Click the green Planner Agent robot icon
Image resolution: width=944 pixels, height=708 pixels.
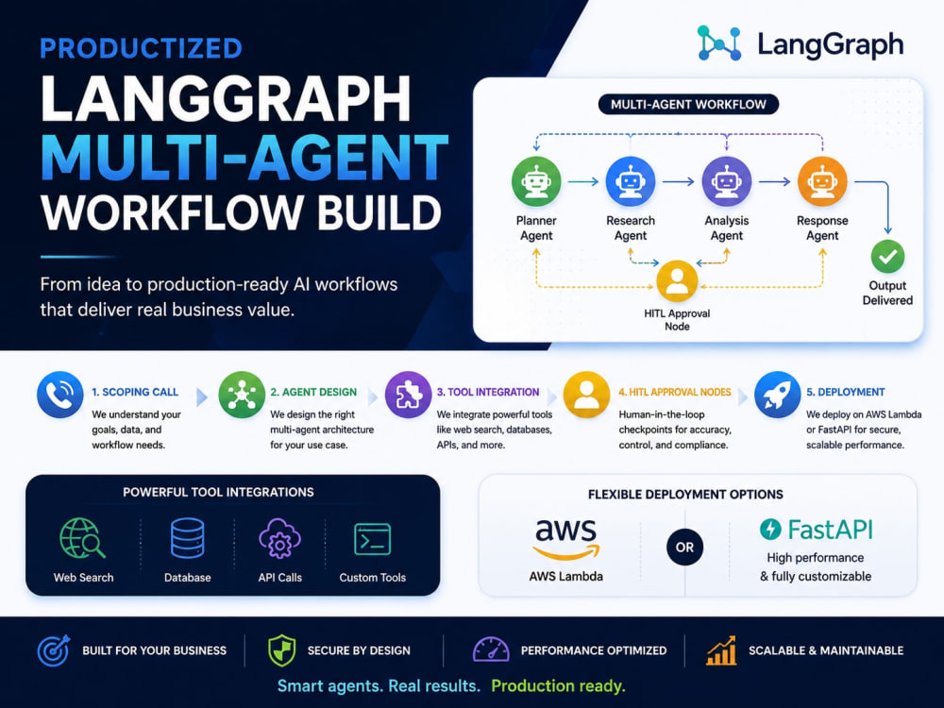[x=536, y=181]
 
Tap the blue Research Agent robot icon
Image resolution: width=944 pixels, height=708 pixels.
[x=631, y=181]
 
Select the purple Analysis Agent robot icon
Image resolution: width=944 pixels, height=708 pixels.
[x=727, y=181]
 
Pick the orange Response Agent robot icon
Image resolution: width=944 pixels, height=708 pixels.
[x=822, y=181]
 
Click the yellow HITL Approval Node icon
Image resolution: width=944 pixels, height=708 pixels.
[x=677, y=280]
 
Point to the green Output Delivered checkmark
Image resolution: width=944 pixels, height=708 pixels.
[x=887, y=257]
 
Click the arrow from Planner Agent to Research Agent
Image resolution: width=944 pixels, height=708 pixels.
[x=582, y=181]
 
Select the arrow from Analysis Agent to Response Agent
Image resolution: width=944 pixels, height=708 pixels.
[x=774, y=181]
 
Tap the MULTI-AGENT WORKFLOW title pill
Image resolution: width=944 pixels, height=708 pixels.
[x=688, y=104]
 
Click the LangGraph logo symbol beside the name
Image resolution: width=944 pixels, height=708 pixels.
[x=718, y=43]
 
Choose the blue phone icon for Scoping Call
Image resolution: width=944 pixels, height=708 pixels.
[x=60, y=395]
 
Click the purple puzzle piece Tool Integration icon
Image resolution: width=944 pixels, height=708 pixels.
[x=408, y=395]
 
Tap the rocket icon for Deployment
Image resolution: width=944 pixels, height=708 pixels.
[x=777, y=395]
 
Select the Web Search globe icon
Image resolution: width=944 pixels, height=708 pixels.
[x=82, y=538]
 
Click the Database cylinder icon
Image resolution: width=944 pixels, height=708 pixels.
[x=187, y=538]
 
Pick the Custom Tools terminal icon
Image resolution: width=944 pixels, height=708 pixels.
[x=373, y=539]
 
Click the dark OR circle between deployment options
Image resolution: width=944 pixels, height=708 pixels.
[x=684, y=548]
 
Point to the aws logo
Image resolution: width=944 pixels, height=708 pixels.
[x=565, y=539]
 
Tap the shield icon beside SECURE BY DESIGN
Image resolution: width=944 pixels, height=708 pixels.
[x=281, y=650]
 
